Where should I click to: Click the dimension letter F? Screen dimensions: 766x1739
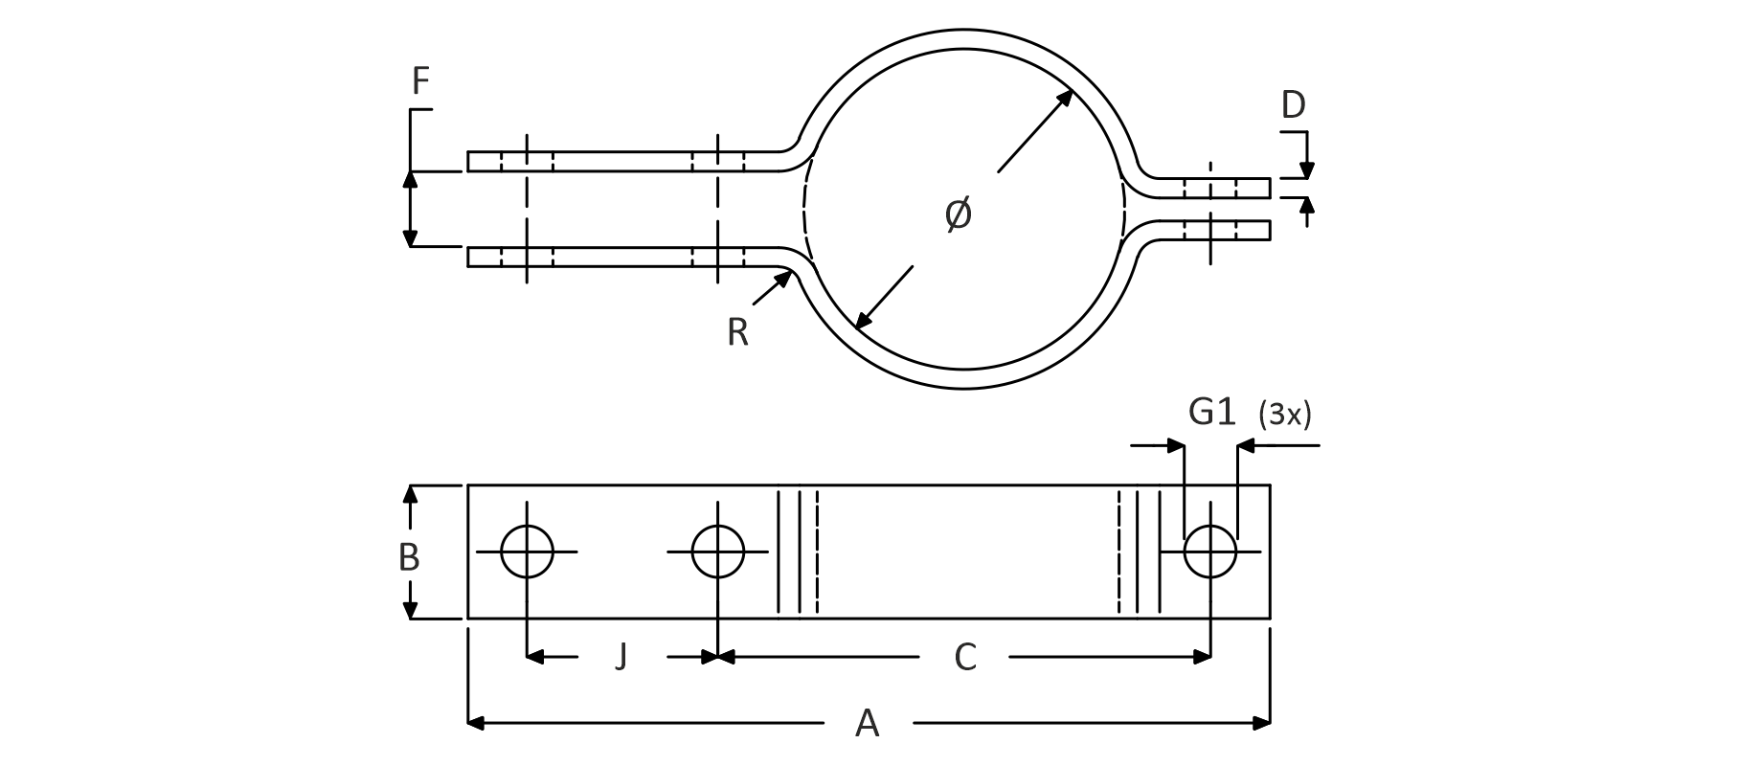tap(420, 82)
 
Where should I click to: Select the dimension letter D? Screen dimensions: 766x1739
tap(1293, 104)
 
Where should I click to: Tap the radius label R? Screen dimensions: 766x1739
tap(737, 332)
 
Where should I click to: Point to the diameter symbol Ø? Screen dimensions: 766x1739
tap(958, 214)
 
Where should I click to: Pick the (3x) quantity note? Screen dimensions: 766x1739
tap(1285, 414)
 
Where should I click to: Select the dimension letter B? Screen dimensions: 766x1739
tap(409, 556)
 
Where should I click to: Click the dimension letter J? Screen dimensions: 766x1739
tap(621, 657)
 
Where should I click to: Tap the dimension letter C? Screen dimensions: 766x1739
tap(965, 657)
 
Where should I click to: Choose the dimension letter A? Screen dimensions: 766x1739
tap(867, 723)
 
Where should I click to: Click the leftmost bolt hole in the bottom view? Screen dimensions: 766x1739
tap(527, 552)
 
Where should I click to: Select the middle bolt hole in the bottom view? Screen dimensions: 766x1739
tap(717, 552)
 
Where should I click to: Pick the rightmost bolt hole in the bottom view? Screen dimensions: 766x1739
tap(1210, 552)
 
